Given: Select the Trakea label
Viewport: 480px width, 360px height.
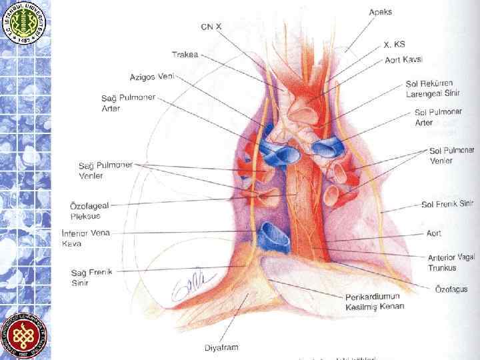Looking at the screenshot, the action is (x=185, y=55).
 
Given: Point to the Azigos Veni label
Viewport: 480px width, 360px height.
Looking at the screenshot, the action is (x=151, y=77).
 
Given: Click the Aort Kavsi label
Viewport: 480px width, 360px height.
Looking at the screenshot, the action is (x=403, y=60).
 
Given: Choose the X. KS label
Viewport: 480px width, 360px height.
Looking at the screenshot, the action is (x=395, y=45).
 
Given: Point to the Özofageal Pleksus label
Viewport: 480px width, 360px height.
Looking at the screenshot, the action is (x=90, y=211).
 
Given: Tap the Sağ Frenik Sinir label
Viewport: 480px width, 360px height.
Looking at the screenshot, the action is (x=87, y=277).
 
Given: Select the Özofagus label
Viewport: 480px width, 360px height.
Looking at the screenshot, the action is (x=450, y=289).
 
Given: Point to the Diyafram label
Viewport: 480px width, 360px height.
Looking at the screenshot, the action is (x=221, y=347).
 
